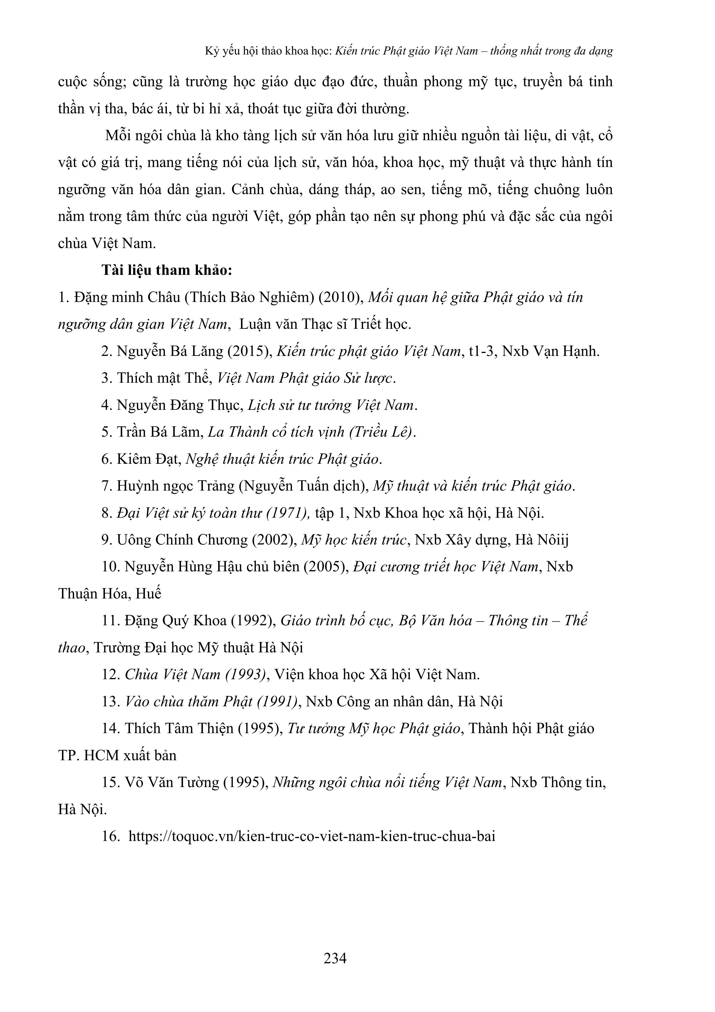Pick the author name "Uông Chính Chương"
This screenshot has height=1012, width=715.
pyautogui.click(x=182, y=540)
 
